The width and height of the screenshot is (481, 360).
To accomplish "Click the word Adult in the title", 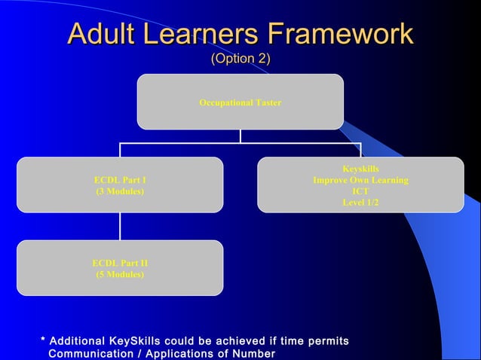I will click(105, 34).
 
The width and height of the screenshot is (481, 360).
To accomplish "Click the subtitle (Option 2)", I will click(240, 59).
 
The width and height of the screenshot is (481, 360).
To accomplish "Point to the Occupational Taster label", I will click(240, 102).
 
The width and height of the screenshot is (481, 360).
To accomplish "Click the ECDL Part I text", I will click(120, 181).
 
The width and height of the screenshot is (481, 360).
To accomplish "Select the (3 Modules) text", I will click(120, 191).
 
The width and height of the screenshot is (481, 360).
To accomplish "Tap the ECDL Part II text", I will click(120, 263).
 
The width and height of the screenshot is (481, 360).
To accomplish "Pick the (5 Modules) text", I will click(120, 274).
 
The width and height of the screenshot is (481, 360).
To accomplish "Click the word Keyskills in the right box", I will click(360, 169).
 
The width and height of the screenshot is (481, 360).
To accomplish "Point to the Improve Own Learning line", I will click(360, 181).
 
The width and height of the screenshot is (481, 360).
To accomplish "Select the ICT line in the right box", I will click(360, 191).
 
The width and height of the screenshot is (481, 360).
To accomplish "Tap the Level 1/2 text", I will click(360, 203).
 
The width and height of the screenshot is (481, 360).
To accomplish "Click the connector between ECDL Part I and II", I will click(120, 226).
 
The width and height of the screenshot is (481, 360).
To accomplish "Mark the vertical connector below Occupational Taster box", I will click(240, 136).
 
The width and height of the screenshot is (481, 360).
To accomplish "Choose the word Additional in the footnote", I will click(79, 342).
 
